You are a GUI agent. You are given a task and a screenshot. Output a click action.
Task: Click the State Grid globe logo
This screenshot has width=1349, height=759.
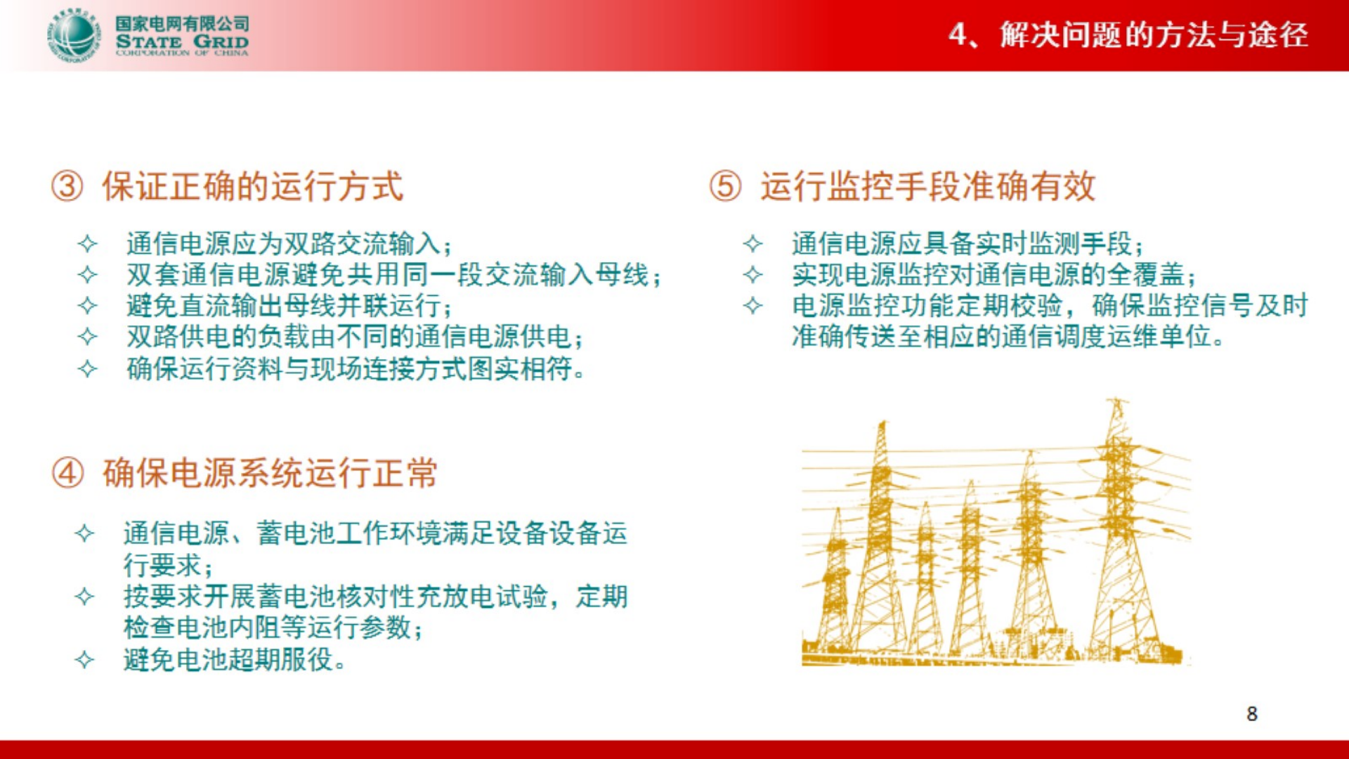click(x=73, y=35)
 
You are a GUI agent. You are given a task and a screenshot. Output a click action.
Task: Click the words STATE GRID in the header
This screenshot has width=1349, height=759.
click(x=182, y=41)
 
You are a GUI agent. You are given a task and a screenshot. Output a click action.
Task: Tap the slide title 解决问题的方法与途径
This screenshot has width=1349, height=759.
click(x=1154, y=34)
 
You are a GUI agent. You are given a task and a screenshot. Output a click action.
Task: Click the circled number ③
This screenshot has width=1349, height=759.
click(x=67, y=187)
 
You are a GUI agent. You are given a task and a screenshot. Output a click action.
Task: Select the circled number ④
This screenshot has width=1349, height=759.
click(x=68, y=473)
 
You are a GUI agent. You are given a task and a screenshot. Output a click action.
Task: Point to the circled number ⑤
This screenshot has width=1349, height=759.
click(x=725, y=187)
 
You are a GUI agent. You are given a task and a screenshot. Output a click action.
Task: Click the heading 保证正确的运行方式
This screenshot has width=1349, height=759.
click(x=252, y=187)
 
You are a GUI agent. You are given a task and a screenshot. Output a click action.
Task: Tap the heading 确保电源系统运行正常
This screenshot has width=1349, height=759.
click(x=270, y=473)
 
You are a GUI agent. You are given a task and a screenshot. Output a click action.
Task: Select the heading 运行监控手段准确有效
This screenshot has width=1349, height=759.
click(x=927, y=187)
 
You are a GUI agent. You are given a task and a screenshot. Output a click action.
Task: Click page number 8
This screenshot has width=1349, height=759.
click(x=1251, y=714)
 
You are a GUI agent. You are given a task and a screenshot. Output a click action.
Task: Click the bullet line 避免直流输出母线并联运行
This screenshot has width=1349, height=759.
click(x=288, y=306)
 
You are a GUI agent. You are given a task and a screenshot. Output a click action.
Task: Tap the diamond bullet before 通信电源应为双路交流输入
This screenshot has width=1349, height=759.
click(x=88, y=244)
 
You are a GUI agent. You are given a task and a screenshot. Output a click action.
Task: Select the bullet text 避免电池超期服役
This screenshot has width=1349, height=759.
click(x=234, y=659)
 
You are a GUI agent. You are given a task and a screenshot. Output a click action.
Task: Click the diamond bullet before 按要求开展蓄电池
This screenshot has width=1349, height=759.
click(x=84, y=597)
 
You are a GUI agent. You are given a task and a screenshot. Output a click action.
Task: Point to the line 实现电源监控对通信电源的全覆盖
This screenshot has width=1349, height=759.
click(x=993, y=275)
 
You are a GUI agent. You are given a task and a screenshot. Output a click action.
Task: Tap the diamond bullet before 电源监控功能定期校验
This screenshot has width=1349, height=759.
click(x=753, y=306)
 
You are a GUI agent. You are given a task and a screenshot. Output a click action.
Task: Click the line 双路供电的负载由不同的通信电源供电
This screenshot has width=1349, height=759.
click(x=354, y=337)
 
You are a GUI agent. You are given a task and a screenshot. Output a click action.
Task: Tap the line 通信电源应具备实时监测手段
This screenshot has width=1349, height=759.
click(x=967, y=244)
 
